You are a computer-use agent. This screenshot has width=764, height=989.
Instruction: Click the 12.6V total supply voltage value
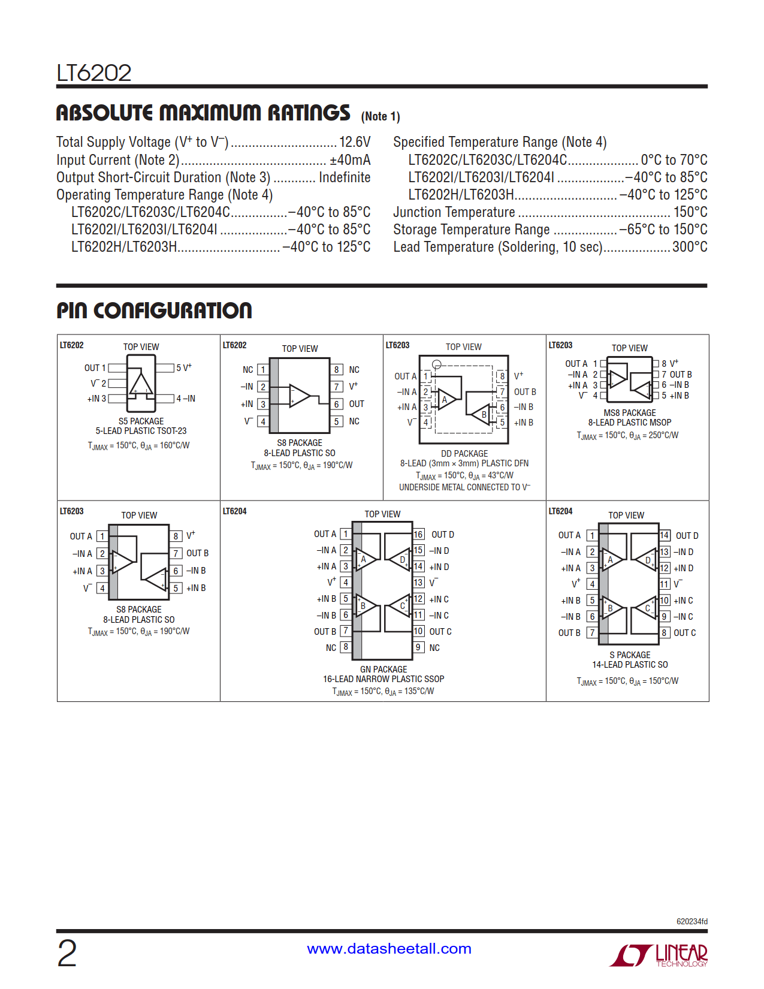click(x=355, y=142)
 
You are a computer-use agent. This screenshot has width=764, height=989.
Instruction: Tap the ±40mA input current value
click(x=350, y=160)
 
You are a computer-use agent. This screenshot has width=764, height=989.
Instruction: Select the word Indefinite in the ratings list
click(x=345, y=177)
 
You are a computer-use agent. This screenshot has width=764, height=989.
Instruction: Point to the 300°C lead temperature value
click(x=690, y=247)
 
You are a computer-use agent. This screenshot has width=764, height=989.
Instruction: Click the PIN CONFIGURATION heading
click(x=154, y=310)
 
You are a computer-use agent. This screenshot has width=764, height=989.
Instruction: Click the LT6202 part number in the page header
click(x=94, y=73)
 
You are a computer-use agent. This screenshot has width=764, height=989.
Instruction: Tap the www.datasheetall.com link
click(x=389, y=949)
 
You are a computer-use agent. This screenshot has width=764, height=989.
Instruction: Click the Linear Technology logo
click(x=659, y=955)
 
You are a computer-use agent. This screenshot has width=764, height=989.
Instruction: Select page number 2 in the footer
click(x=67, y=953)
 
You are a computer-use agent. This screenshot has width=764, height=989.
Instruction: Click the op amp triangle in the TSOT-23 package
click(x=141, y=384)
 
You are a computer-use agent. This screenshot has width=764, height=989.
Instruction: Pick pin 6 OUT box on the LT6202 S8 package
click(x=337, y=404)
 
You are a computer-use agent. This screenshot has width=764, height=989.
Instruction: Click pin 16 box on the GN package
click(x=418, y=534)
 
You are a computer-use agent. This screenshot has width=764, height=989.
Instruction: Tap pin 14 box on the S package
click(x=664, y=535)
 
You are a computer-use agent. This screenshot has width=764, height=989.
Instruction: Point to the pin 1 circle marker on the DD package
click(x=437, y=364)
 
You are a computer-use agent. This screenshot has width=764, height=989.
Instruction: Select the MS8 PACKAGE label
click(x=629, y=413)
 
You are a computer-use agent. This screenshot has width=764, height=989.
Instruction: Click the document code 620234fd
click(x=691, y=921)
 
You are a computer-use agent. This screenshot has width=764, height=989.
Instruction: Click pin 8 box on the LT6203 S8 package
click(x=176, y=536)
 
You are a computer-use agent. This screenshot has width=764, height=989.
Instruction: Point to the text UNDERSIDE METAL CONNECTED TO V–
click(x=464, y=487)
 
